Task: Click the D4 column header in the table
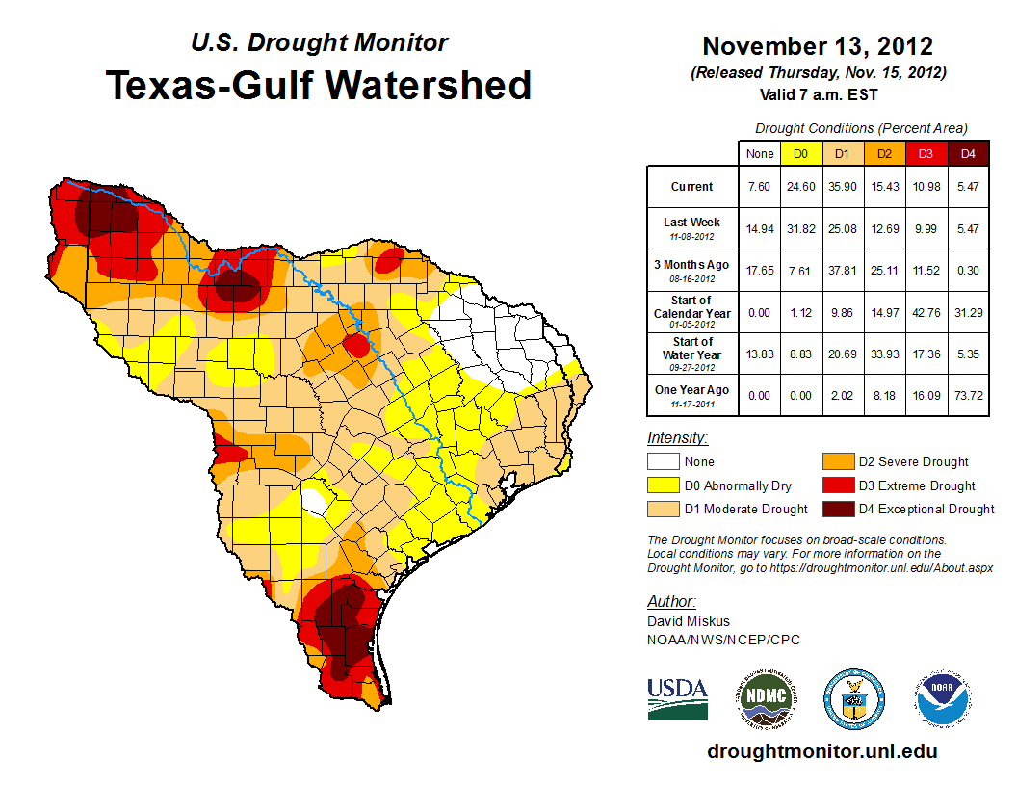click(x=968, y=153)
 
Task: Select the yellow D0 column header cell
click(x=800, y=153)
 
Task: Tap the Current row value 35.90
click(x=842, y=187)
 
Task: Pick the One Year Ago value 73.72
click(x=968, y=390)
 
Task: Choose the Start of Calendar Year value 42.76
click(x=926, y=313)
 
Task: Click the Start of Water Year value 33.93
click(x=884, y=354)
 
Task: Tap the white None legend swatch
click(x=663, y=462)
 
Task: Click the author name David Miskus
click(x=689, y=621)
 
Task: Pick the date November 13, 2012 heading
click(x=818, y=46)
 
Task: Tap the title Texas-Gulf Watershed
click(x=319, y=85)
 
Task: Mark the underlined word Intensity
click(x=677, y=438)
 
